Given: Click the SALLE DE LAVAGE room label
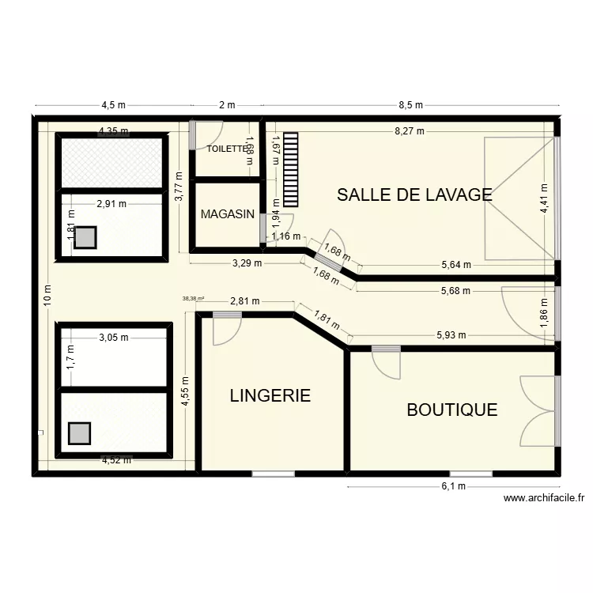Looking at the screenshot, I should pos(414,195).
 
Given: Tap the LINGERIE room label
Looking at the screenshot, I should pos(270,395).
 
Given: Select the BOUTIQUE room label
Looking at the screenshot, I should pos(451,410).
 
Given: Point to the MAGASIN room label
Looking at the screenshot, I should pos(227,214).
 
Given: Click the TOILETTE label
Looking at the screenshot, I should pos(227,149).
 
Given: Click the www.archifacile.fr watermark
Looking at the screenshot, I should pos(544,498).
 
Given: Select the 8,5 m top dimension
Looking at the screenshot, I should pos(411,105).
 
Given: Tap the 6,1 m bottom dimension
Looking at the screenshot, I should pos(454,486).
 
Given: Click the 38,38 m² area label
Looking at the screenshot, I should pos(193,299).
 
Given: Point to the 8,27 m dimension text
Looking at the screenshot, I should pos(410,131).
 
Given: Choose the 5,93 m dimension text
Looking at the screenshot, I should pos(451,335).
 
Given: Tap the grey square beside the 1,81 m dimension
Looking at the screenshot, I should pos(85,238).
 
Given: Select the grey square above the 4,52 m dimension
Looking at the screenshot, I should pos(79,433).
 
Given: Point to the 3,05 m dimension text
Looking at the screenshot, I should pos(113,338).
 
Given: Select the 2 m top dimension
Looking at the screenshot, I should pos(227,105).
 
